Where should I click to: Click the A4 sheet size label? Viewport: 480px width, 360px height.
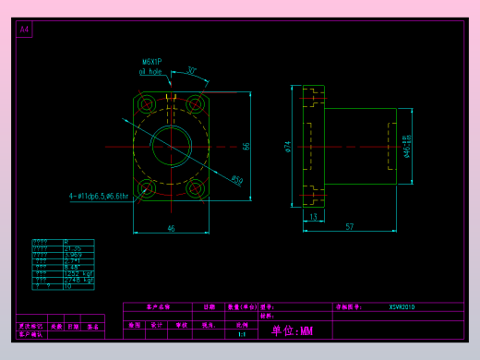(24, 30)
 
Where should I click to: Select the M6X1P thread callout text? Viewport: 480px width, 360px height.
(152, 62)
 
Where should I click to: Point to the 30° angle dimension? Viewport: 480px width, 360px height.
(191, 71)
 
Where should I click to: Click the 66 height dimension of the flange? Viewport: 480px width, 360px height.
(246, 146)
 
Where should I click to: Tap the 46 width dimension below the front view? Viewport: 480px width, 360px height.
(171, 227)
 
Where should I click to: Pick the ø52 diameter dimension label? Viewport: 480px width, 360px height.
(236, 180)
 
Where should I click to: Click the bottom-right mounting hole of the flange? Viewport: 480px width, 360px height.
(195, 188)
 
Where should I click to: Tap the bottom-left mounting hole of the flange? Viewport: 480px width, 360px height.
(147, 188)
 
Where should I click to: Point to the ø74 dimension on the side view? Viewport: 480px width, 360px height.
(288, 146)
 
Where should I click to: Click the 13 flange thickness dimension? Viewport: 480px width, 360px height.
(313, 217)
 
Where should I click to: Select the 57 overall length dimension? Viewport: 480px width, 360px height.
(350, 226)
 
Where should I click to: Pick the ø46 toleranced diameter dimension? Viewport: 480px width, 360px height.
(407, 146)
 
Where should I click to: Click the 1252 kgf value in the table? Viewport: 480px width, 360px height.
(77, 273)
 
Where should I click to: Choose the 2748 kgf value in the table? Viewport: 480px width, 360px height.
(77, 280)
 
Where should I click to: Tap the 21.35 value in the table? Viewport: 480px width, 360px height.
(72, 248)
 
